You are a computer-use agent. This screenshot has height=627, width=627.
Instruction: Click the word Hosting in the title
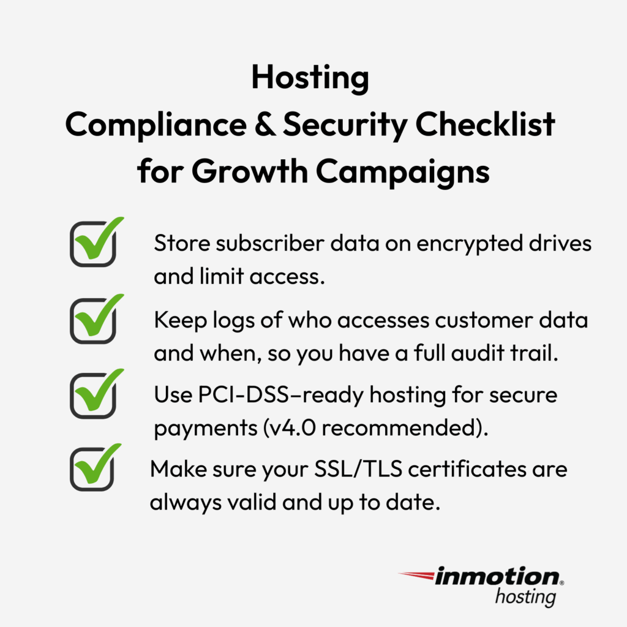(x=310, y=78)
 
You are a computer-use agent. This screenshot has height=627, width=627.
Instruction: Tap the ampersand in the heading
(x=265, y=124)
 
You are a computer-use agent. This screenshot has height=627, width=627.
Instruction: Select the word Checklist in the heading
(x=485, y=124)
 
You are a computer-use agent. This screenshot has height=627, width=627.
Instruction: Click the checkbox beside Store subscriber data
(x=93, y=244)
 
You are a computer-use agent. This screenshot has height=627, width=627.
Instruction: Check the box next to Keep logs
(x=93, y=320)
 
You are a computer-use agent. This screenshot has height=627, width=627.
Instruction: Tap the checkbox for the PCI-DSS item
(x=93, y=395)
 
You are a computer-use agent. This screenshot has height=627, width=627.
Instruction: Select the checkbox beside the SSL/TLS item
(x=92, y=468)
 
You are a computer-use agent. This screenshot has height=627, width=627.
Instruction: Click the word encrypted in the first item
(x=470, y=244)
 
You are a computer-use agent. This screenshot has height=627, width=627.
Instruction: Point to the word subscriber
(x=270, y=243)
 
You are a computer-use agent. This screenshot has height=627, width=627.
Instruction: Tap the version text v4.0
(x=292, y=428)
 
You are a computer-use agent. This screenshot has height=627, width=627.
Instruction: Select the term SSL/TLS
(x=358, y=468)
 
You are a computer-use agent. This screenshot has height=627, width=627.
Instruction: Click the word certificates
(x=467, y=468)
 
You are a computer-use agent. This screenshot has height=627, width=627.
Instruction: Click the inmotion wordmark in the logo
(x=497, y=577)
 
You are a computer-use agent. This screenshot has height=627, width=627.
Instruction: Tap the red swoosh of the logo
(x=416, y=576)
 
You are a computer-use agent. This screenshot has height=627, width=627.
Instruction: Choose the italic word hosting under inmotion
(x=525, y=597)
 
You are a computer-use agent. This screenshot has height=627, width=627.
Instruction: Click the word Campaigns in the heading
(x=403, y=171)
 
